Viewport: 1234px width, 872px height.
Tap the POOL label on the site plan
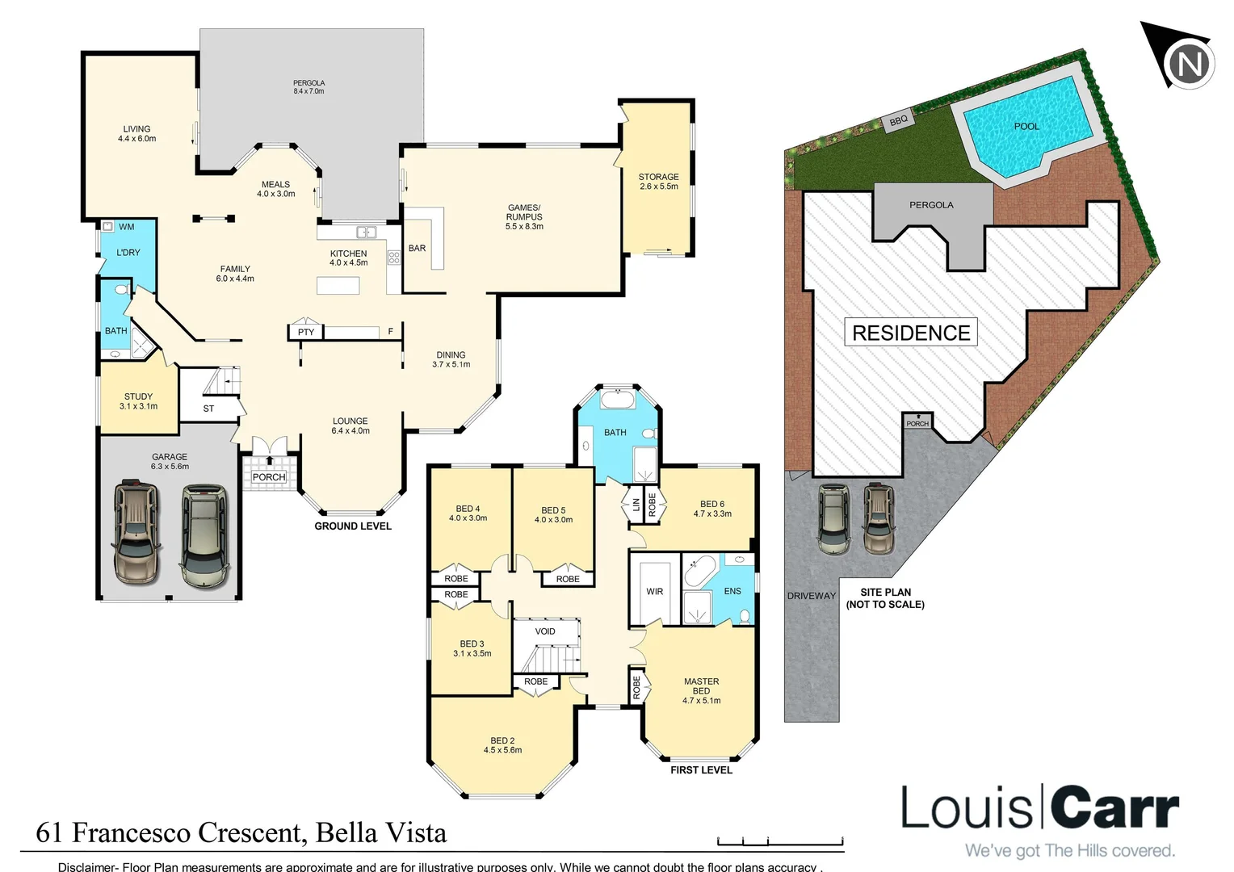click(x=1026, y=126)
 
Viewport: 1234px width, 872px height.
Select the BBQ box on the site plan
click(x=898, y=120)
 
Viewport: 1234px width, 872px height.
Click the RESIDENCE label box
click(x=911, y=333)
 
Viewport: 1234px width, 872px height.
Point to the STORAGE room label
click(x=658, y=182)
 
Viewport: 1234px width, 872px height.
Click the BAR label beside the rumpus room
click(x=417, y=248)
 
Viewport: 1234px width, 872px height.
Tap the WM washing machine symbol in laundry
click(x=107, y=227)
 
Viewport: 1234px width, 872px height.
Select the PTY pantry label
click(x=305, y=332)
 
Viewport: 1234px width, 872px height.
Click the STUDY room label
click(x=138, y=401)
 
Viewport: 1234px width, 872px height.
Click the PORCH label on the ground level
click(x=269, y=477)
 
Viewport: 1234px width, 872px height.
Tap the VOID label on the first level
click(x=545, y=631)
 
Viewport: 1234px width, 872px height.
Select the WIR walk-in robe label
click(x=654, y=592)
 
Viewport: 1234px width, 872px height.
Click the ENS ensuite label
click(x=732, y=591)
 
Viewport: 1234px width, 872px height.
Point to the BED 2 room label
click(x=502, y=744)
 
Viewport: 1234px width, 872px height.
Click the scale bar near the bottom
click(x=779, y=841)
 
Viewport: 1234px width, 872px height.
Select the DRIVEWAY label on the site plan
click(x=811, y=596)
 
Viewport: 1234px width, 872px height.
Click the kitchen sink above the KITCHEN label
click(x=366, y=232)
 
